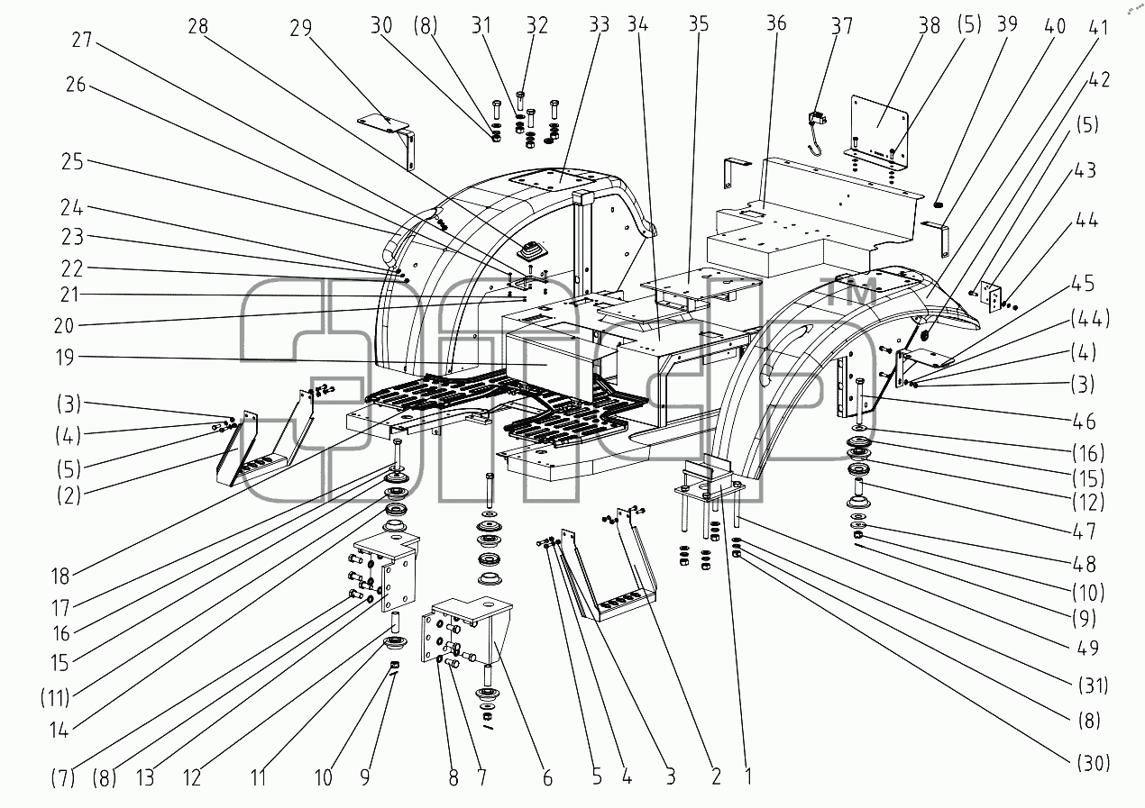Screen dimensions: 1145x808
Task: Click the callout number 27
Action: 82,40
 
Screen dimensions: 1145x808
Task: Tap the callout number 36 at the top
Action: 776,23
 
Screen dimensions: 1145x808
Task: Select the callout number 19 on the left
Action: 65,358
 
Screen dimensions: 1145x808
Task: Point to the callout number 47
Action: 1085,531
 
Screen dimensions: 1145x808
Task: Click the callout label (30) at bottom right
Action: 1094,763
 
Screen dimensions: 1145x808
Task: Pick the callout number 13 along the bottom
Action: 145,778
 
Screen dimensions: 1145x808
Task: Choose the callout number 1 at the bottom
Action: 748,776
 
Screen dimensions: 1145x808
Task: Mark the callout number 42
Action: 1099,79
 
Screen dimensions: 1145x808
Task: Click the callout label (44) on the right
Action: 1091,319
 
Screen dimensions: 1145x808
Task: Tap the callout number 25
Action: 72,162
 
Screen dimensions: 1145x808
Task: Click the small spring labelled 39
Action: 938,204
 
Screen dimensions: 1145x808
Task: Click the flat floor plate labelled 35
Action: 701,284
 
